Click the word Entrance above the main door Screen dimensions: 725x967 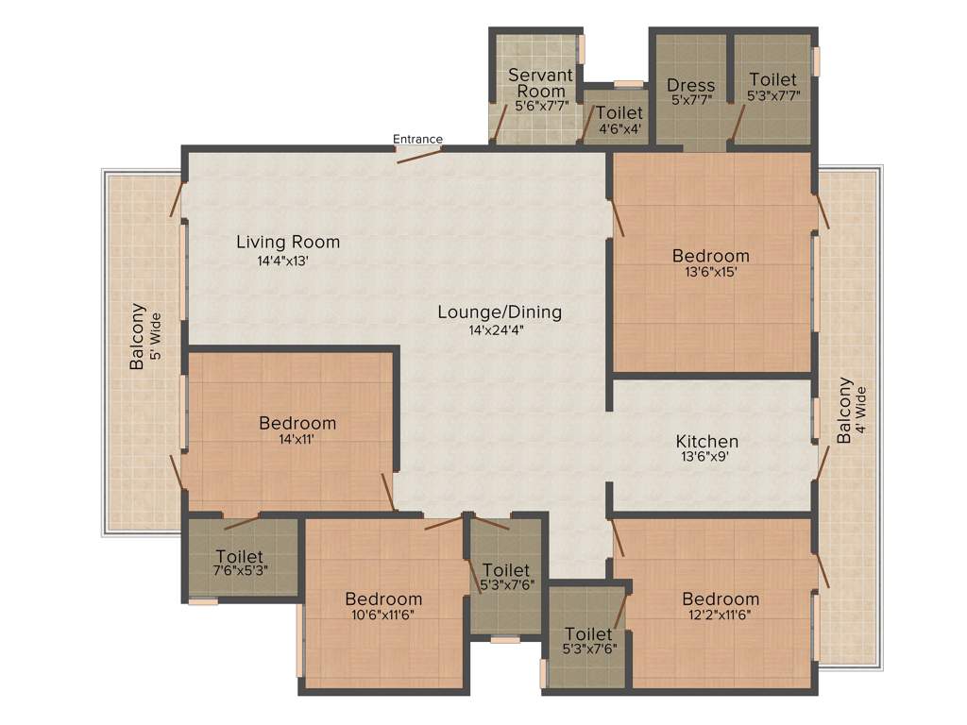(417, 139)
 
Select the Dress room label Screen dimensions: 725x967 (690, 85)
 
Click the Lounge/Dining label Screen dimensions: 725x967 (500, 312)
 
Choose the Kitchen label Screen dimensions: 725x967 (707, 441)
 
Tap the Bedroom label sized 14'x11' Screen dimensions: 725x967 (297, 423)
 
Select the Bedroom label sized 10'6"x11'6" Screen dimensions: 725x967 (383, 599)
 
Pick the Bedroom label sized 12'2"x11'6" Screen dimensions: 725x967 (721, 599)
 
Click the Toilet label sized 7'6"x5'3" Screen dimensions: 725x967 (239, 556)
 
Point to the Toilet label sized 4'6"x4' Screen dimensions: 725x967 (619, 113)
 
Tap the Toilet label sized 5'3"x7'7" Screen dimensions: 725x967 (772, 80)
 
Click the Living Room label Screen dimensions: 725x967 (288, 242)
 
